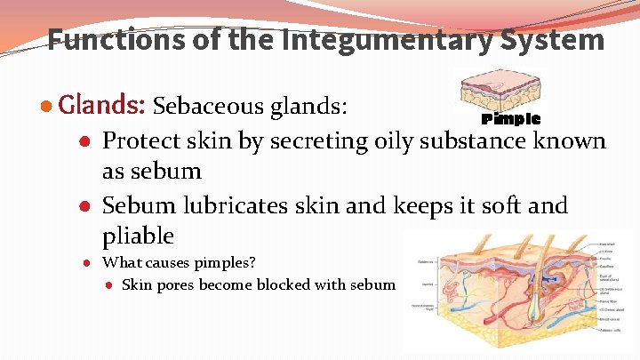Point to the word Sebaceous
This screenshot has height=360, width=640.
210,108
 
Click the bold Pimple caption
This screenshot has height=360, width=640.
510,119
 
